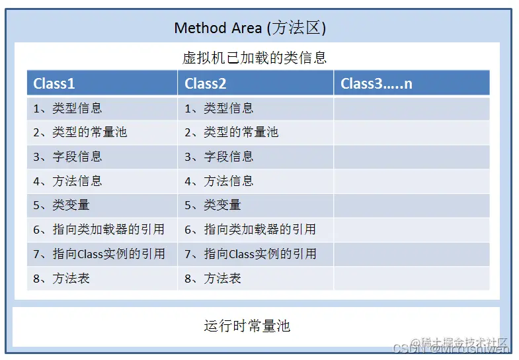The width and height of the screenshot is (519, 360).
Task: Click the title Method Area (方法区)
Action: (250, 28)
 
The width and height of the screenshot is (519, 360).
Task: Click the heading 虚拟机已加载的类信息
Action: (255, 58)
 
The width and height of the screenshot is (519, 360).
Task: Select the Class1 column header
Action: (54, 83)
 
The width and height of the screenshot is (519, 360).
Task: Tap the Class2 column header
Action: (206, 83)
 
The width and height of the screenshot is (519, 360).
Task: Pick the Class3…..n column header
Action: (376, 83)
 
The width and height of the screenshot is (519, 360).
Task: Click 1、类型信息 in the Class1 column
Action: (67, 108)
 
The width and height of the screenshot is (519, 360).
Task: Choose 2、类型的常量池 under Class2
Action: (231, 132)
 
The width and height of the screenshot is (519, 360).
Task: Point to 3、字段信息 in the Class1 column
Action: (67, 157)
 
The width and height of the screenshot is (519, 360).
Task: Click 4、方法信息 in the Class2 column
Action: (219, 181)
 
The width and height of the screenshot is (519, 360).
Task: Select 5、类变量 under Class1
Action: (61, 205)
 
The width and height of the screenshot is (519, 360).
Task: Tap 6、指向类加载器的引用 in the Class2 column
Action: (250, 230)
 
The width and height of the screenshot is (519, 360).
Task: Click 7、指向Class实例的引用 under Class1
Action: (99, 254)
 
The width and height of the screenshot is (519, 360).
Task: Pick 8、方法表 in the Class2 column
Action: (213, 279)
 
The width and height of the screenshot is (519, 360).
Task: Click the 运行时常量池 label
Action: (247, 326)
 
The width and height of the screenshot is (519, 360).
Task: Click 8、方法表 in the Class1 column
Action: (61, 279)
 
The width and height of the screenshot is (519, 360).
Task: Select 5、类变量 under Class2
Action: (213, 205)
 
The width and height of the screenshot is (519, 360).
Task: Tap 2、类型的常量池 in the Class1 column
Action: (80, 132)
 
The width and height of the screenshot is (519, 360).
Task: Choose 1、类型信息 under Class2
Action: (219, 108)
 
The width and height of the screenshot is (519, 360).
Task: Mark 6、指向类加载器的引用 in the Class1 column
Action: (99, 230)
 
